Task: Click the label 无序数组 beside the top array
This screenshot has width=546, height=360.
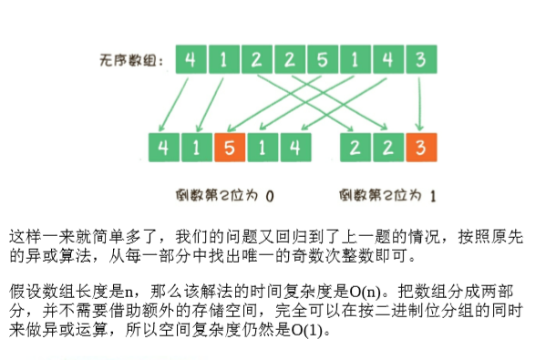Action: coord(131,62)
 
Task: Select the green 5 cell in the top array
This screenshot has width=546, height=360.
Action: coord(323,62)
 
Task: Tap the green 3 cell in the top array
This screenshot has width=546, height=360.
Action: coord(420,62)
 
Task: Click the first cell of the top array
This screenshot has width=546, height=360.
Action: coord(191,62)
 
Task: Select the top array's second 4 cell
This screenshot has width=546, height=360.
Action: coord(387,62)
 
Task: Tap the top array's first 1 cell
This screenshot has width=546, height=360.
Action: coord(223,62)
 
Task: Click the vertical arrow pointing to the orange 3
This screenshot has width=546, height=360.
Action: coord(420,105)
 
